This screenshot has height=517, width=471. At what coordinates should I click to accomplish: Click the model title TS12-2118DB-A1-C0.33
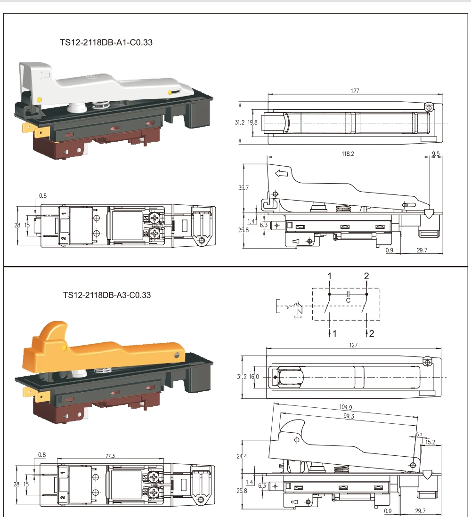(106, 42)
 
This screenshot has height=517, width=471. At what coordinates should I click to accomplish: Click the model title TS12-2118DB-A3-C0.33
(107, 295)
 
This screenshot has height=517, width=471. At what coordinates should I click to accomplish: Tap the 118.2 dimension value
(348, 153)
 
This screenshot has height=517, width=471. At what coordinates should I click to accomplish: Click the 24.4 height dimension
(242, 456)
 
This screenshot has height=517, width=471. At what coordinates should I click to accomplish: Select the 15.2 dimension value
(430, 442)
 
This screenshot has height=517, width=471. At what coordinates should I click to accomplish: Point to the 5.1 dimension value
(419, 435)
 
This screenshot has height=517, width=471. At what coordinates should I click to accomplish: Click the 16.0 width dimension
(254, 376)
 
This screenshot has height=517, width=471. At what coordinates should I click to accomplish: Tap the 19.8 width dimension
(253, 122)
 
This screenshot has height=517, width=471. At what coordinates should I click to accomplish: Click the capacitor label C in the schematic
(348, 300)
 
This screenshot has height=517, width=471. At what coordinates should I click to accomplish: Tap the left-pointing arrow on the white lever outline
(281, 174)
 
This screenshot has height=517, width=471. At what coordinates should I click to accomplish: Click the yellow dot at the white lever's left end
(39, 99)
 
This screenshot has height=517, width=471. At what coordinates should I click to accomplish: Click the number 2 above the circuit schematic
(366, 276)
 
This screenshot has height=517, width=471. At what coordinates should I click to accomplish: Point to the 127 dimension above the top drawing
(355, 91)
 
